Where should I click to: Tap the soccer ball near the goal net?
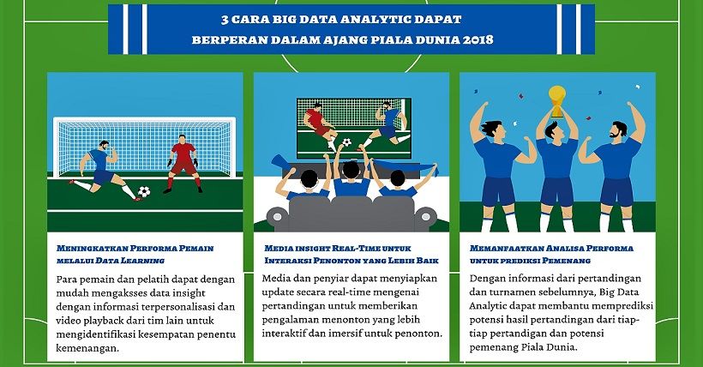[144, 192]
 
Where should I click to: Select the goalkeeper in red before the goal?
[183, 159]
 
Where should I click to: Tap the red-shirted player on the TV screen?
[318, 121]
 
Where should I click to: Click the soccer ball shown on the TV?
[346, 141]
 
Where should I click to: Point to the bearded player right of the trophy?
[616, 135]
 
